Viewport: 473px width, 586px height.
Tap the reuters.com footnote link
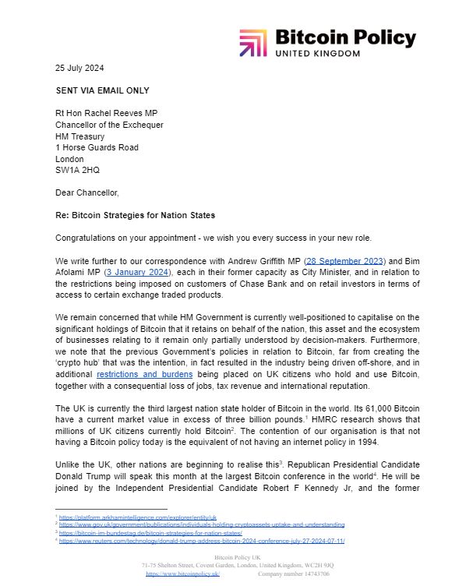[203, 540]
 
